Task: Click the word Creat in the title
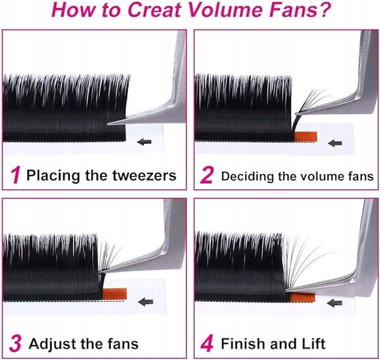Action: click(x=154, y=10)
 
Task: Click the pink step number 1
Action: click(x=16, y=175)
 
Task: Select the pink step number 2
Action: click(x=206, y=175)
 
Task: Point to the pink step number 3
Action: click(x=16, y=344)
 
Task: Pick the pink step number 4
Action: click(x=207, y=344)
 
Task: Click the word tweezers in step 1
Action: click(x=144, y=175)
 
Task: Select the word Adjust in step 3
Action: click(x=53, y=344)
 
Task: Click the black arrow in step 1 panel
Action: click(x=144, y=142)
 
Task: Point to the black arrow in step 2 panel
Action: click(x=335, y=143)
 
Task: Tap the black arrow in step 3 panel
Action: click(x=146, y=302)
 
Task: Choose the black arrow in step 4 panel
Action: click(x=334, y=303)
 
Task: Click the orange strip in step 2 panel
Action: click(x=305, y=136)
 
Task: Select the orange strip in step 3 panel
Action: click(x=114, y=294)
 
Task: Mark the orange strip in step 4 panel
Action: click(x=303, y=298)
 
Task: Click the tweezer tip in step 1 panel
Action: click(x=108, y=124)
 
